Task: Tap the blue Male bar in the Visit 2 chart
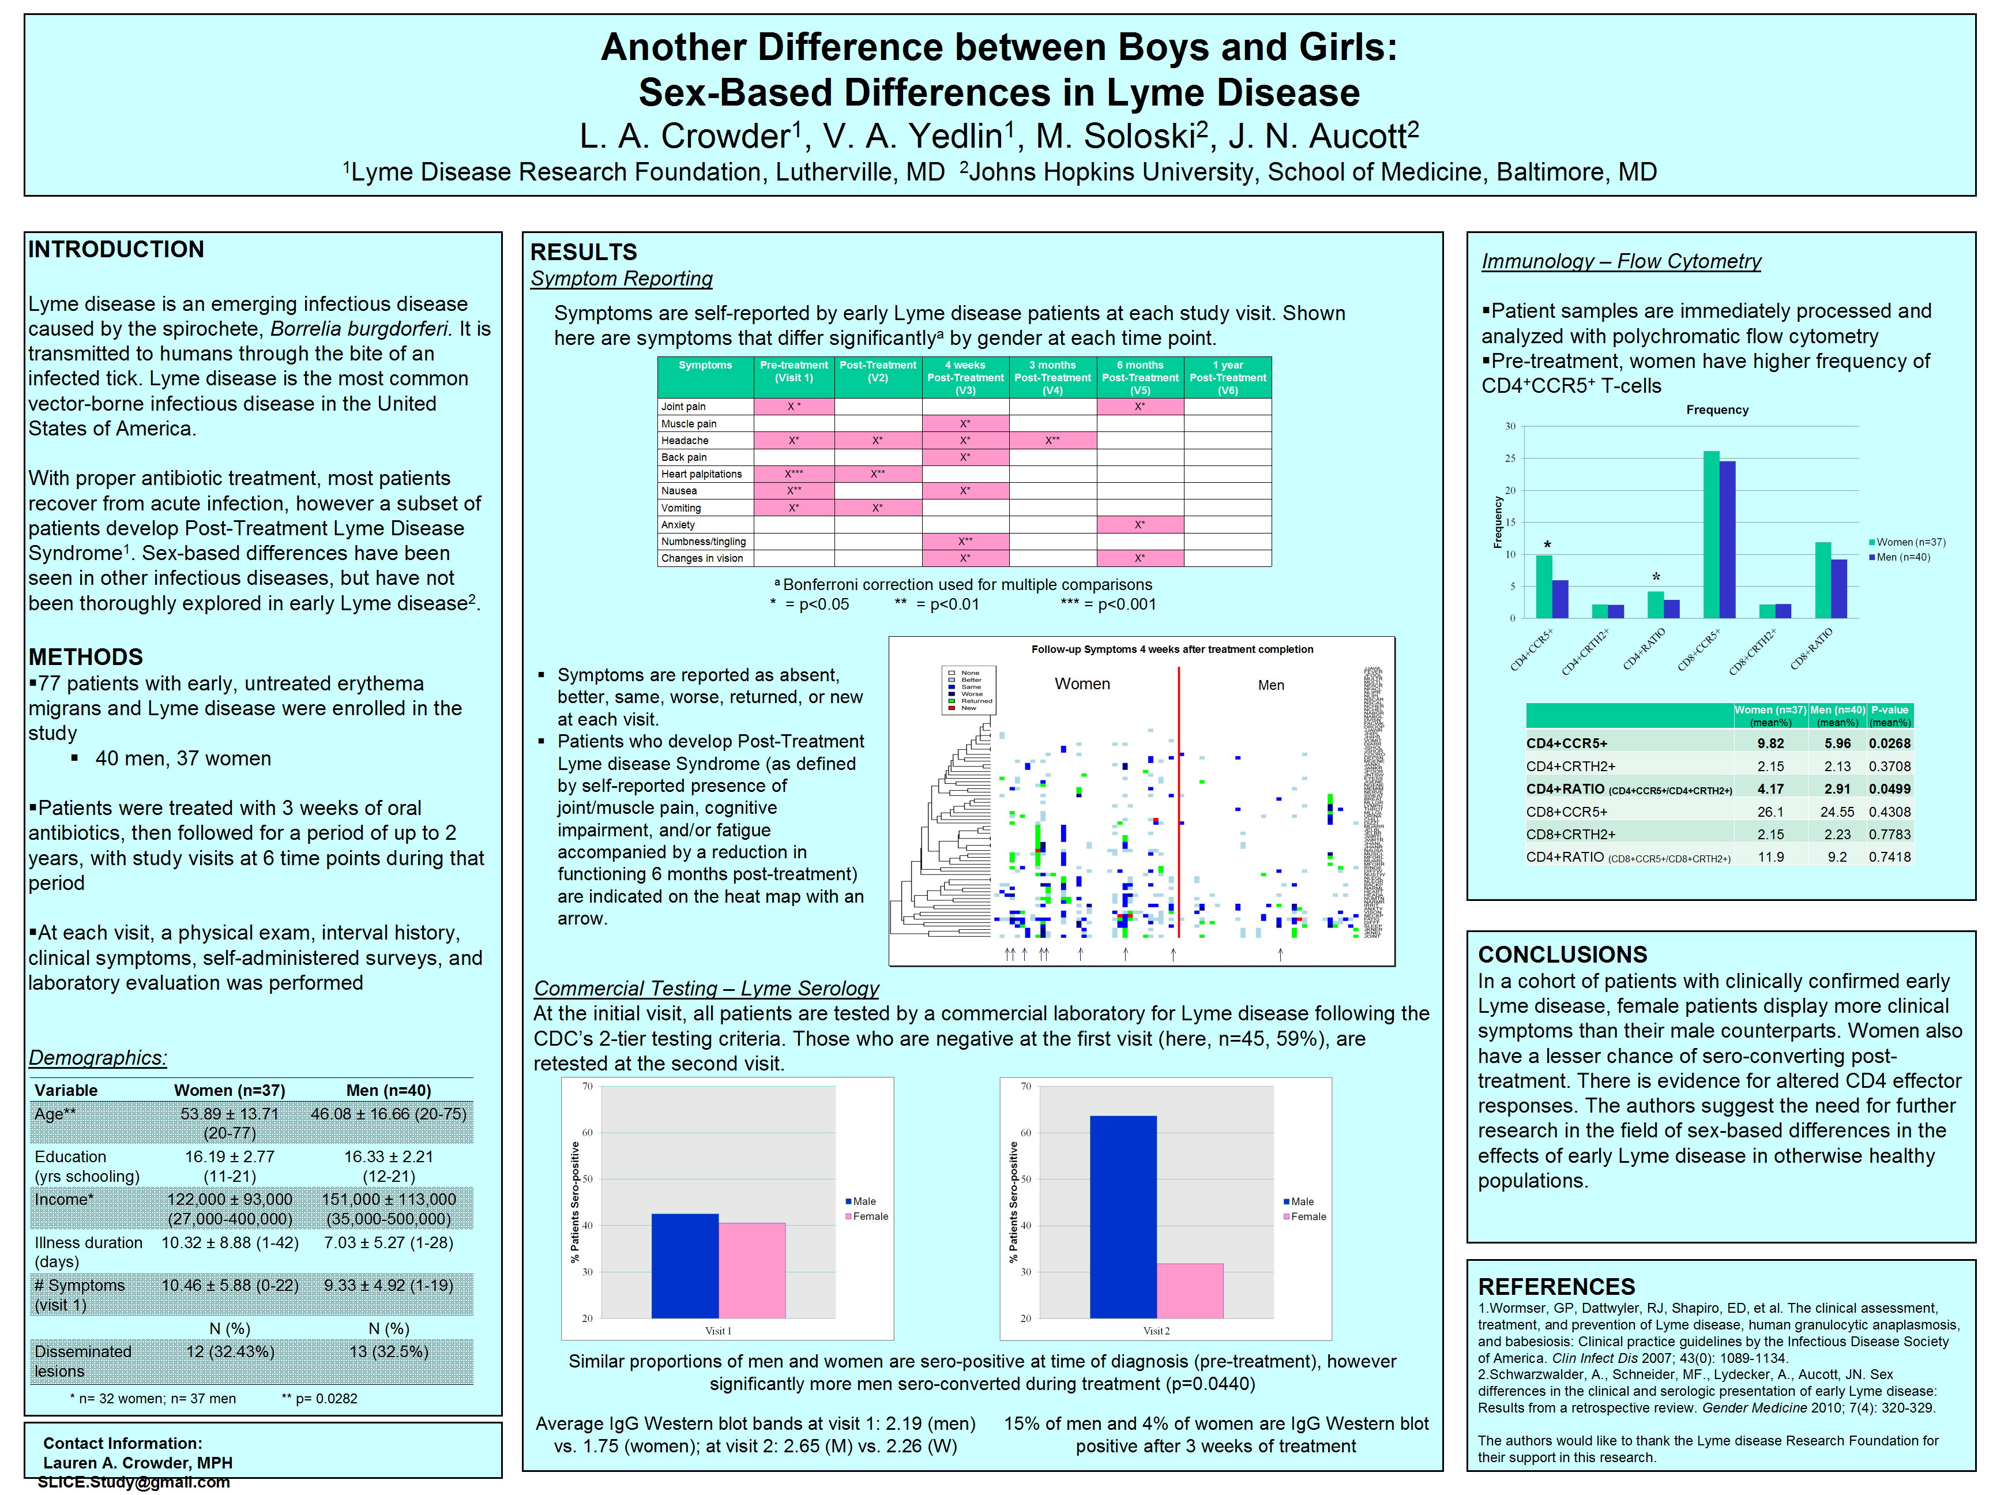click(x=1123, y=1216)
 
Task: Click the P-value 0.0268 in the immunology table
click(x=1889, y=743)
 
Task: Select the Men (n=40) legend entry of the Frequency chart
click(x=1902, y=557)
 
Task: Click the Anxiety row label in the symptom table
click(x=678, y=524)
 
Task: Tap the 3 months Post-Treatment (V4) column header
click(x=1052, y=378)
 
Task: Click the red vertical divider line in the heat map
click(x=1179, y=802)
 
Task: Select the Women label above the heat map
click(x=1082, y=684)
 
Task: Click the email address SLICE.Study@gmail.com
click(x=133, y=1482)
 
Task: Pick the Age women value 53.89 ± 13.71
click(x=230, y=1114)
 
